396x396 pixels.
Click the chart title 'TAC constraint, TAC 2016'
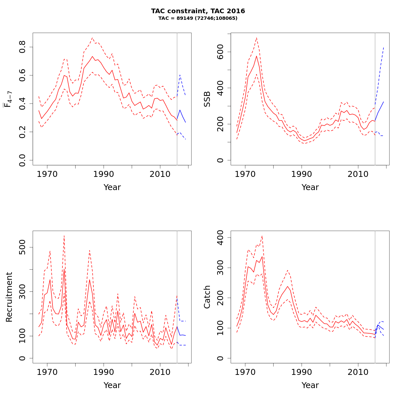tap(198, 11)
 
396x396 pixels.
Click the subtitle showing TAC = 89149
tap(198, 18)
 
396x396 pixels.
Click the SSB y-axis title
tap(207, 99)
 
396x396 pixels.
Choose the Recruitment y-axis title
tap(9, 297)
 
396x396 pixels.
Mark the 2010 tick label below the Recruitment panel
tap(160, 372)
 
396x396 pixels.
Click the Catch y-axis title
tap(207, 297)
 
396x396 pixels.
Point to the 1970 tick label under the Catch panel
tap(245, 372)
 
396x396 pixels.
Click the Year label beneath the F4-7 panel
tap(112, 187)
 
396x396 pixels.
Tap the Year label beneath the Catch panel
tap(310, 385)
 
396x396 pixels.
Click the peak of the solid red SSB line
tap(256, 56)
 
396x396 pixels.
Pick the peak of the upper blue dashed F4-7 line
tap(180, 75)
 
